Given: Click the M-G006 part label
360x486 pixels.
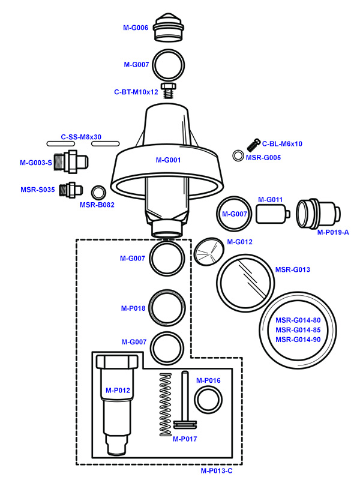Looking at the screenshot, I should [135, 28].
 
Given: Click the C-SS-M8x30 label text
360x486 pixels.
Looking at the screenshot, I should [81, 137].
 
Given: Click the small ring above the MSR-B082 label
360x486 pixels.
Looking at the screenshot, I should [98, 193].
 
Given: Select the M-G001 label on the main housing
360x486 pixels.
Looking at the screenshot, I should [168, 160].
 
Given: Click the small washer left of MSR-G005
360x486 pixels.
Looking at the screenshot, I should [238, 157].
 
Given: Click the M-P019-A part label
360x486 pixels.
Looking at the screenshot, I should [333, 232].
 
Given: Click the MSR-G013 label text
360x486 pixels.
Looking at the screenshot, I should [293, 269].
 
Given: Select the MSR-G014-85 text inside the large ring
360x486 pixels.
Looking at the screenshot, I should [298, 329].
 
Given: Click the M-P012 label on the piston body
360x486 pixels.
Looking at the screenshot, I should [118, 391].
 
